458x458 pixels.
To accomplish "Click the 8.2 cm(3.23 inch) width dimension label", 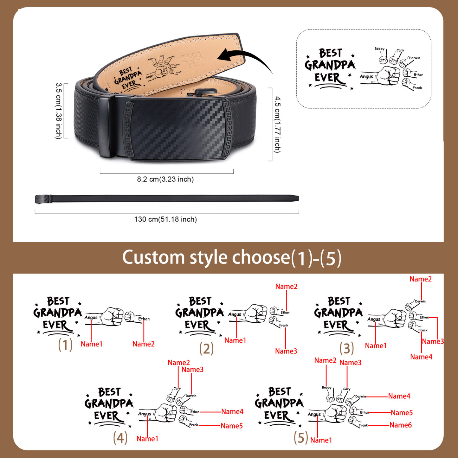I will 165,179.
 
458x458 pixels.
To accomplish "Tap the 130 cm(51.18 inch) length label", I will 165,219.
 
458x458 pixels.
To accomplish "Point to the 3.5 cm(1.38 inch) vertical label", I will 58,111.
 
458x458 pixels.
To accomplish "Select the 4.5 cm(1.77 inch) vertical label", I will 277,125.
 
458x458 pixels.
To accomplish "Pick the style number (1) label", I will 65,345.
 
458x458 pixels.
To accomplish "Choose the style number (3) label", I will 346,349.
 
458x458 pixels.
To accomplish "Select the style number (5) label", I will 301,438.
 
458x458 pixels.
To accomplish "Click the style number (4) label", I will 120,438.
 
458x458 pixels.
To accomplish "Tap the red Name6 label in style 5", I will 401,425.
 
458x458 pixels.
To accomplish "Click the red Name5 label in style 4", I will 232,426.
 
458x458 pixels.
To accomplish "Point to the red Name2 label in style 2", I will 286,287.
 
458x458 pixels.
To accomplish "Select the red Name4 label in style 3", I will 421,357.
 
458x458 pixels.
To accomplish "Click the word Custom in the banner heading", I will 153,257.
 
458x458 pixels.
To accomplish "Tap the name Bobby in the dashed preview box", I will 379,49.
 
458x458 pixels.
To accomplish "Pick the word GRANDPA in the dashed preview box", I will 330,65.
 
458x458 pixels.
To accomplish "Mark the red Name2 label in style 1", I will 144,344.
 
